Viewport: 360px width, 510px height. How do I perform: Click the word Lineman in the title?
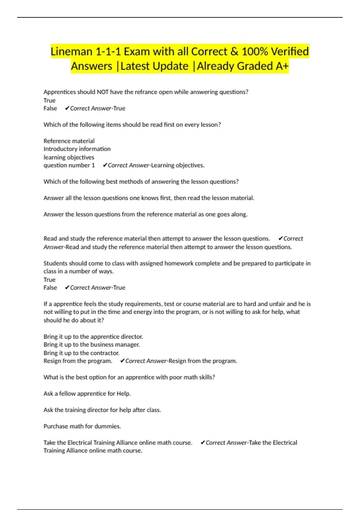(x=71, y=52)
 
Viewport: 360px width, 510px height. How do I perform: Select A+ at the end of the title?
(x=282, y=66)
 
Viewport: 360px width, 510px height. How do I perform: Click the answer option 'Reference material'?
(x=69, y=141)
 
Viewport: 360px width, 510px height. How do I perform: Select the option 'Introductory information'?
(x=77, y=149)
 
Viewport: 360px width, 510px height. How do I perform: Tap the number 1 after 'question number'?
(x=93, y=165)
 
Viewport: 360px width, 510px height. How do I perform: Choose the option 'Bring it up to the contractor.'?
(x=81, y=353)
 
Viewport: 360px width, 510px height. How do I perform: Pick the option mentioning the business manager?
(x=91, y=345)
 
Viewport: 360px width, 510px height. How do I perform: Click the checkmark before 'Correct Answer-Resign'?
(x=122, y=361)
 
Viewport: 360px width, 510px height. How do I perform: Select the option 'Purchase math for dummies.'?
(x=82, y=426)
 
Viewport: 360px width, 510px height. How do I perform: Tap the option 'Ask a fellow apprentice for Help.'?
(x=87, y=394)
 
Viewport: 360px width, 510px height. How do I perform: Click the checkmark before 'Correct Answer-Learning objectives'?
(x=105, y=165)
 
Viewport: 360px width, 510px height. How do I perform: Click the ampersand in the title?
(x=234, y=52)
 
